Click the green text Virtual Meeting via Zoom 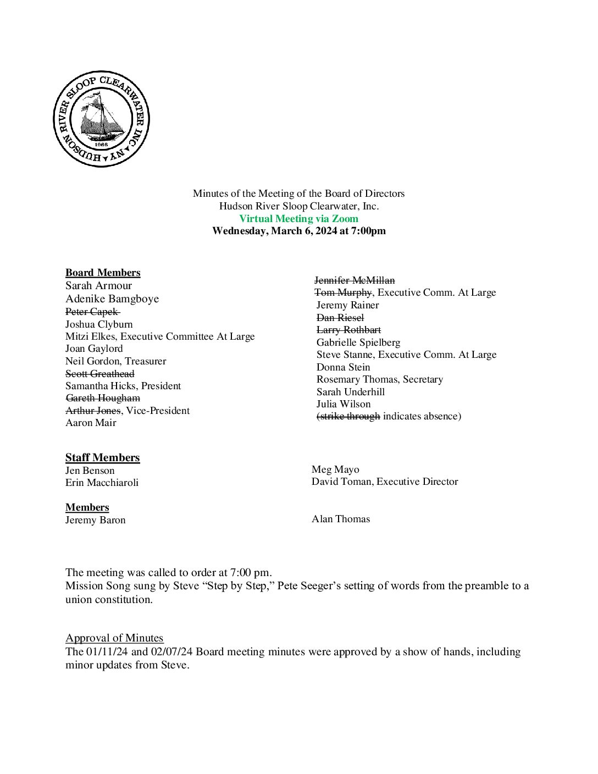298,218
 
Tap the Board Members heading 103,273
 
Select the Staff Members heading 102,457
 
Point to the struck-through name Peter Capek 92,312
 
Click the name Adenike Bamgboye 112,298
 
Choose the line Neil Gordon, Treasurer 115,361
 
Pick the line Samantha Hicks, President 123,386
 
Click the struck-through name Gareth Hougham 103,398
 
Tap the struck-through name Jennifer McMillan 355,280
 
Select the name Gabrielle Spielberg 358,342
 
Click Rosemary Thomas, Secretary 379,379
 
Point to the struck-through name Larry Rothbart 348,330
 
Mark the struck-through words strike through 348,416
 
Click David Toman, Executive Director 385,482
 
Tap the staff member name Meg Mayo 335,469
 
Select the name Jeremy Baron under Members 96,520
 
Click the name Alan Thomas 341,519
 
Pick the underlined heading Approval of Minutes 114,638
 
